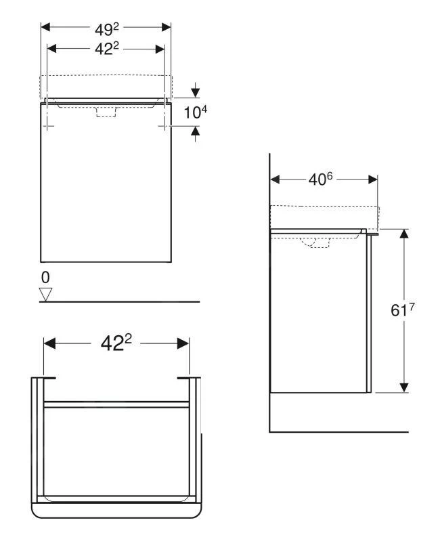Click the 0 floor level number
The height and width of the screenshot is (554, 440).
click(45, 278)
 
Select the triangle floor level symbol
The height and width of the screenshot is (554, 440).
click(46, 294)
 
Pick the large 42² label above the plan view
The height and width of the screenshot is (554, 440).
click(116, 343)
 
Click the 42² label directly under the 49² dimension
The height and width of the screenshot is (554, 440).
click(106, 49)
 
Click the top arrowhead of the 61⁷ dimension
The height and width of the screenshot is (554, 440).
click(404, 234)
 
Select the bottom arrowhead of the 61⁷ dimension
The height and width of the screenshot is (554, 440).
click(404, 387)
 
